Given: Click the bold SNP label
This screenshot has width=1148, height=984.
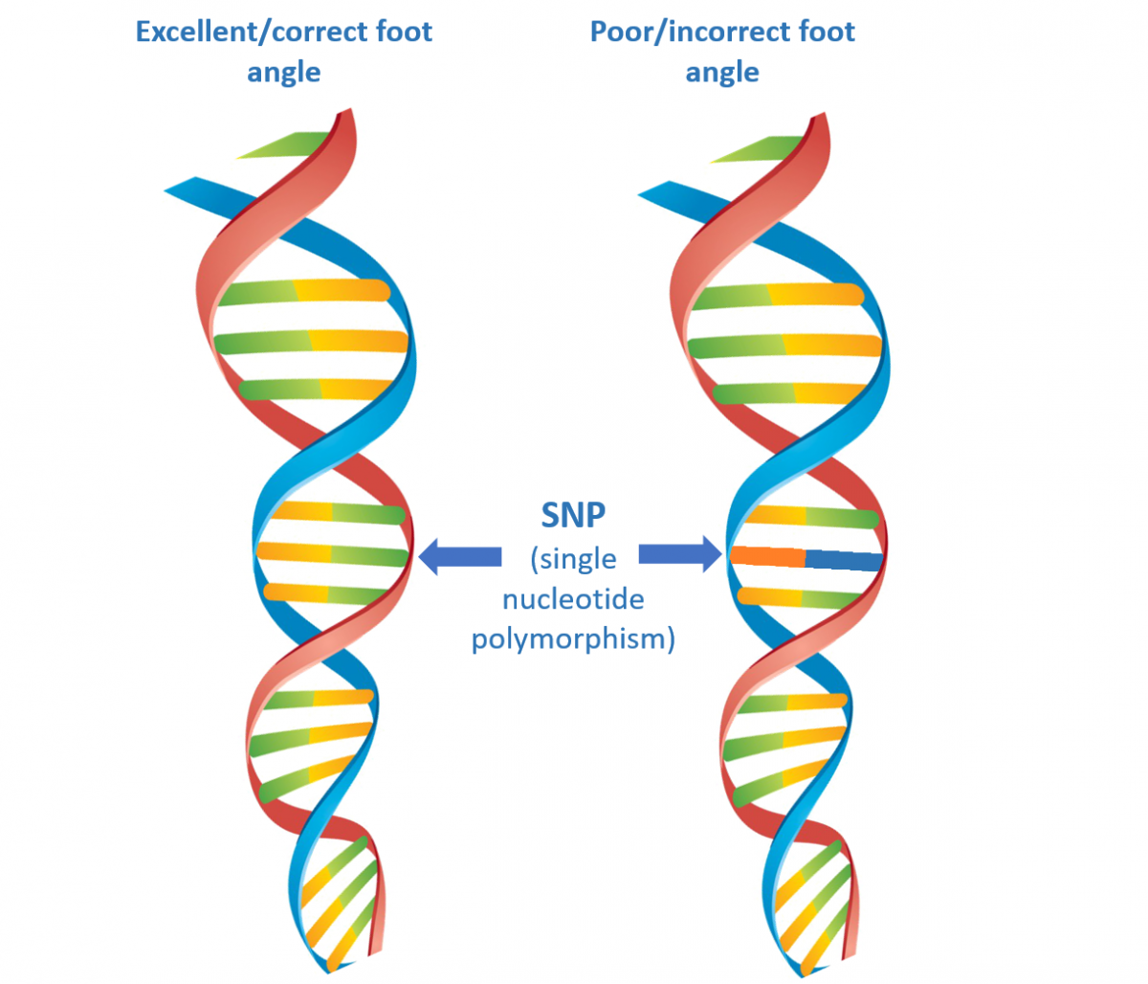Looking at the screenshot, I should [x=573, y=515].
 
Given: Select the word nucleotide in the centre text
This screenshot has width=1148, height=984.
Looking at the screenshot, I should [x=573, y=599].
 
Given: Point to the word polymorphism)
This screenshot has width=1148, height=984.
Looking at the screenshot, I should [x=573, y=638].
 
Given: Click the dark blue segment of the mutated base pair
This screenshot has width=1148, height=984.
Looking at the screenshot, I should [x=843, y=560].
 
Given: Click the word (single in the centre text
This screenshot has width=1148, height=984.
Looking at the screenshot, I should [x=573, y=558].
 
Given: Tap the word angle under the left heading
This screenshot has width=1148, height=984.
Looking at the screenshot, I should [x=284, y=73].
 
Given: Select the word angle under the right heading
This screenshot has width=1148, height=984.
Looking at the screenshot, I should [x=722, y=73].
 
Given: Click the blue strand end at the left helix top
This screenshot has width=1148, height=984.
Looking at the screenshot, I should [x=182, y=185].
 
